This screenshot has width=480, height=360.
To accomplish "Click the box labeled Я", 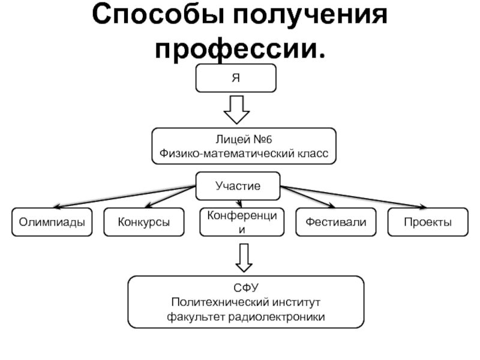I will pyautogui.click(x=237, y=78).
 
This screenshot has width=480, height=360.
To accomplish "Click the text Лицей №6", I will pyautogui.click(x=244, y=140).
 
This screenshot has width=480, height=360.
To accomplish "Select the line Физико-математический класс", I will pyautogui.click(x=244, y=154).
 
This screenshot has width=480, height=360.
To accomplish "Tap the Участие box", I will pyautogui.click(x=238, y=186).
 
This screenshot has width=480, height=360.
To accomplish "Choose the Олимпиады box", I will pyautogui.click(x=52, y=222).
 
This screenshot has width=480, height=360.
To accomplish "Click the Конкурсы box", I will pyautogui.click(x=143, y=222).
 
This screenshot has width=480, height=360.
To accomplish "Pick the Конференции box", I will pyautogui.click(x=242, y=222).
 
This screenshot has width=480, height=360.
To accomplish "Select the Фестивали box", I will pyautogui.click(x=335, y=222).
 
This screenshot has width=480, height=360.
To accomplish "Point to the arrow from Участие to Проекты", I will pyautogui.click(x=360, y=198).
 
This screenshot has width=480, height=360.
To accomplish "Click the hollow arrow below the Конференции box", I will pyautogui.click(x=242, y=256).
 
